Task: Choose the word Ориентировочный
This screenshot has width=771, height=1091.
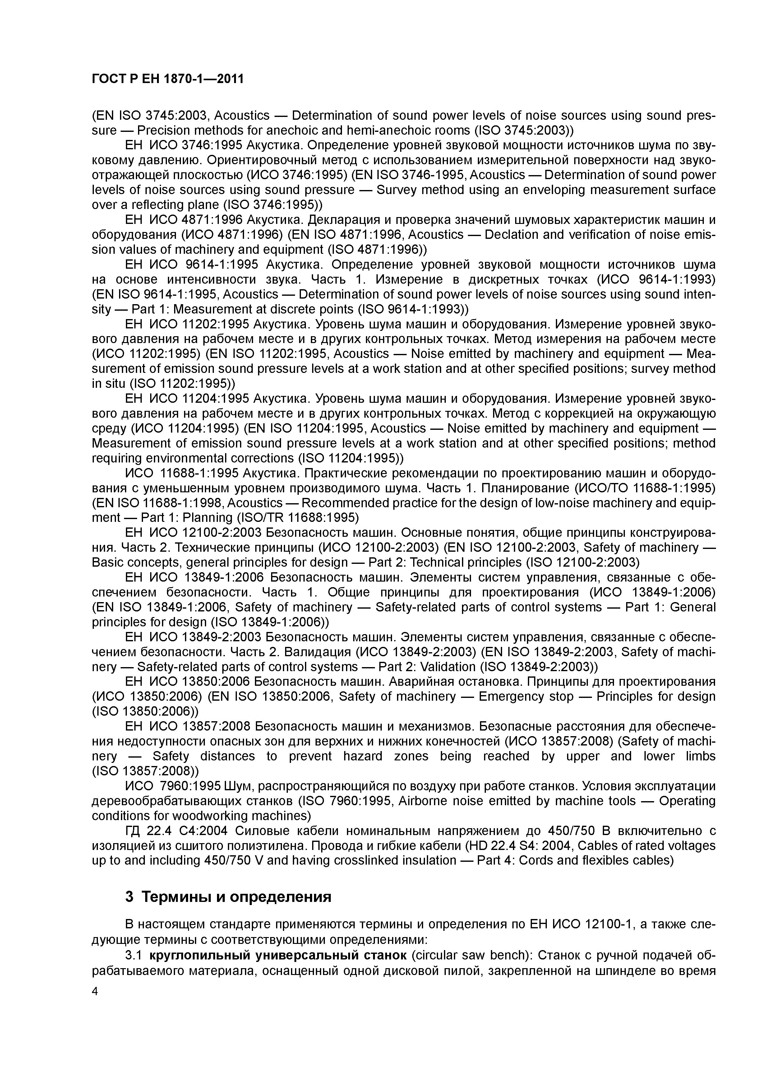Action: coord(269,160)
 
